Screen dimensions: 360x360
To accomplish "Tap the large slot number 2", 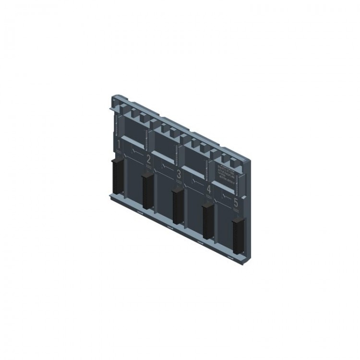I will click(148, 159).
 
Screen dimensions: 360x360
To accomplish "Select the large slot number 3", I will click(179, 174).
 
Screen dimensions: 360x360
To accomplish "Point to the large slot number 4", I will click(208, 189).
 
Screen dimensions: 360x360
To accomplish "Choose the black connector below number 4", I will click(207, 220).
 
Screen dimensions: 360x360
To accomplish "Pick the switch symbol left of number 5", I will click(225, 197).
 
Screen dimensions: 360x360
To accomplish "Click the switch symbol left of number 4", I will click(195, 182).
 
